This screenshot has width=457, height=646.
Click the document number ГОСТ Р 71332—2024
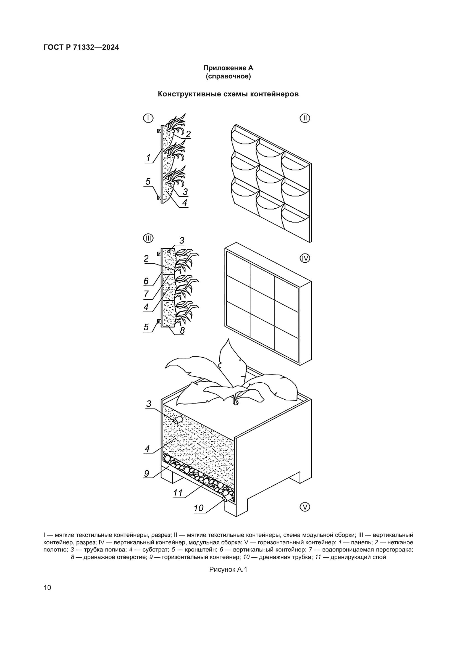pyautogui.click(x=81, y=47)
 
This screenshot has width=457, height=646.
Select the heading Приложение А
pyautogui.click(x=228, y=68)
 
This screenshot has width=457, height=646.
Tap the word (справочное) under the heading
pyautogui.click(x=228, y=76)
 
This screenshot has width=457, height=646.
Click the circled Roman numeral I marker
pyautogui.click(x=148, y=118)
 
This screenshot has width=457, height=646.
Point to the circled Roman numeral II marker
pyautogui.click(x=305, y=118)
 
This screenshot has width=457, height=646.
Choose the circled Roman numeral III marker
pyautogui.click(x=148, y=239)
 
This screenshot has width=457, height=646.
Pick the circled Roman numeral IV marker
pyautogui.click(x=305, y=258)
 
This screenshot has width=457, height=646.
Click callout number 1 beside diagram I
pyautogui.click(x=148, y=158)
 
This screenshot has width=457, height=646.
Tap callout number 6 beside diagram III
pyautogui.click(x=146, y=281)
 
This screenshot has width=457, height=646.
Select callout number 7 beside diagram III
pyautogui.click(x=146, y=294)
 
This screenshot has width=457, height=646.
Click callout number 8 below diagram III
pyautogui.click(x=182, y=330)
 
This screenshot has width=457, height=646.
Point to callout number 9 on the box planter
pyautogui.click(x=147, y=474)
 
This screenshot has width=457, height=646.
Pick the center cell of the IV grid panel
pyautogui.click(x=262, y=302)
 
